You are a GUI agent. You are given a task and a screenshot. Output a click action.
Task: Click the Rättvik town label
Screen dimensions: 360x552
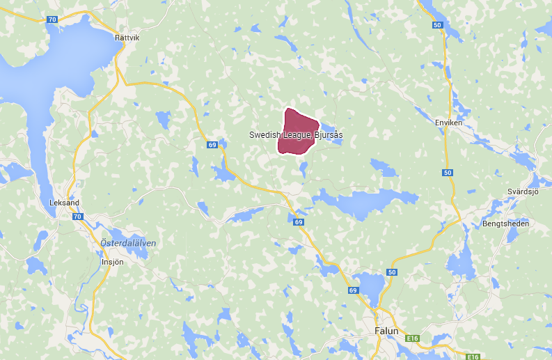(x=127, y=38)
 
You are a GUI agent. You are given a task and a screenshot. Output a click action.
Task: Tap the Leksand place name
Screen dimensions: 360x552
(x=65, y=203)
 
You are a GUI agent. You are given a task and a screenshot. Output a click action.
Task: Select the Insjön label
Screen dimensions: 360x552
(x=112, y=262)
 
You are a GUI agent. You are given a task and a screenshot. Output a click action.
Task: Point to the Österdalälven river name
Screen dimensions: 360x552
(x=128, y=242)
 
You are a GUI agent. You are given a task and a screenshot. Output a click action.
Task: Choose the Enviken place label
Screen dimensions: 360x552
(x=448, y=123)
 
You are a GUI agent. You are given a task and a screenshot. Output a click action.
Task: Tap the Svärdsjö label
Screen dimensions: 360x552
(x=523, y=191)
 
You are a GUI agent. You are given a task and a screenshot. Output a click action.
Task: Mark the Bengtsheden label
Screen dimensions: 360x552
(x=505, y=224)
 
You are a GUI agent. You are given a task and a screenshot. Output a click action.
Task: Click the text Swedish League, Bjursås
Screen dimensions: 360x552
(x=296, y=134)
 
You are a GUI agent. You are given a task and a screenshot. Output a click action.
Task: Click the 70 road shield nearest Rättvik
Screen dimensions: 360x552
(x=52, y=19)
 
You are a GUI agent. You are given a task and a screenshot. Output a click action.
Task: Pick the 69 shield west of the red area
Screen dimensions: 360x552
(x=212, y=145)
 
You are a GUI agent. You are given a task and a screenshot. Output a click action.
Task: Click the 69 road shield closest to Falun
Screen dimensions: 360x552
(x=353, y=290)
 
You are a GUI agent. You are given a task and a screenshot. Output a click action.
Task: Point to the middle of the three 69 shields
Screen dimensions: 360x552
(x=298, y=222)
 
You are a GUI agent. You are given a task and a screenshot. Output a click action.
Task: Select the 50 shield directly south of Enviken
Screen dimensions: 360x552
(x=447, y=173)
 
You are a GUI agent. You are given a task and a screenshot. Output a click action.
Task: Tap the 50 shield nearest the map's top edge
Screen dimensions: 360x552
(x=437, y=25)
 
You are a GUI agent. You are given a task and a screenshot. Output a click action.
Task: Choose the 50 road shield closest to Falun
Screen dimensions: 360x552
(x=393, y=272)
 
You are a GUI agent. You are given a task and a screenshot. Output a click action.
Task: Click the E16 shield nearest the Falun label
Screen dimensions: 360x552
(x=413, y=338)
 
